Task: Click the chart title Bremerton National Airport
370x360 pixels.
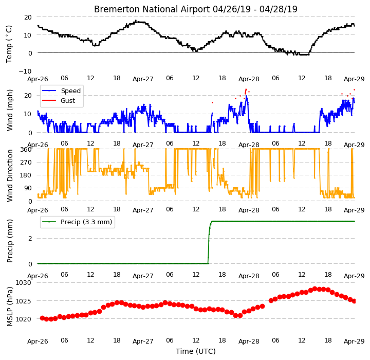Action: pos(152,9)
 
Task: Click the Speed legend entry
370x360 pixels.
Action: pos(71,91)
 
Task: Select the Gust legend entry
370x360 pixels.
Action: pos(68,101)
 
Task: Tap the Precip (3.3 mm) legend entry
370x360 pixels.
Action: pos(86,222)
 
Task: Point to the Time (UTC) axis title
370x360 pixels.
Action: pos(196,351)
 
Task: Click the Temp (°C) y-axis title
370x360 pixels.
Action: pos(9,44)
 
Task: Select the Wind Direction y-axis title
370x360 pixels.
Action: pos(9,175)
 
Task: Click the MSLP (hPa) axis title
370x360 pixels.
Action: pos(9,307)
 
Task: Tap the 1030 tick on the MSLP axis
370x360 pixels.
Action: pos(23,283)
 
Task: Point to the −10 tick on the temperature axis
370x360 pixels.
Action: pos(25,71)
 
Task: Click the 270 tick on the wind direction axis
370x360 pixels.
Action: pos(26,163)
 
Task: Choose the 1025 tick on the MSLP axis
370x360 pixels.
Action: pos(23,301)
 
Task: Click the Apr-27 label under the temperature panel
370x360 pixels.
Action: pos(143,79)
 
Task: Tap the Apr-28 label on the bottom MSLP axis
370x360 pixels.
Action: pos(249,341)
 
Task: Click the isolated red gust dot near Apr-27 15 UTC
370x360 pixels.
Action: pos(212,102)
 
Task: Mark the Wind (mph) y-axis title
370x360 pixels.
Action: pos(9,110)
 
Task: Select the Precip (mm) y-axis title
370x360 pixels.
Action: pos(9,241)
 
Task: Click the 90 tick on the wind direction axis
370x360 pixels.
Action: pos(28,188)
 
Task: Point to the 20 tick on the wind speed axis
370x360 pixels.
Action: pos(28,96)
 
